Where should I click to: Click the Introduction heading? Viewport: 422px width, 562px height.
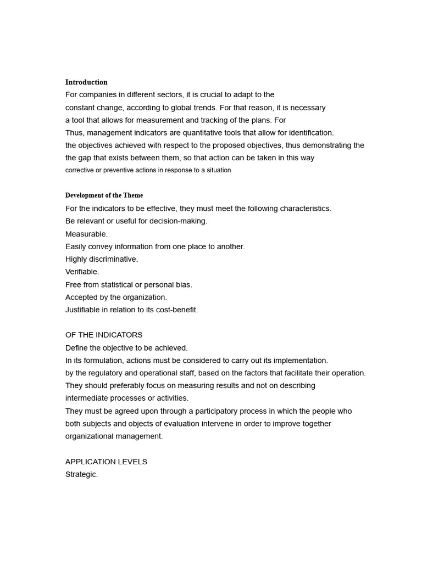pyautogui.click(x=86, y=82)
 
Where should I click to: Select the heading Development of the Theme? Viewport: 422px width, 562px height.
pyautogui.click(x=104, y=195)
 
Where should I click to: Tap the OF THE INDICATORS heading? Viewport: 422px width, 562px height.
pyautogui.click(x=104, y=335)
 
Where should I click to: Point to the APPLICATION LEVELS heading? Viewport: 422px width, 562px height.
pyautogui.click(x=106, y=462)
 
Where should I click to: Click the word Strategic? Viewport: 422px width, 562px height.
pyautogui.click(x=81, y=474)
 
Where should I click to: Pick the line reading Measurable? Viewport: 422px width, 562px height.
pyautogui.click(x=86, y=234)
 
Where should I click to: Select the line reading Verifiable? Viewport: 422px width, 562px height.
pyautogui.click(x=82, y=272)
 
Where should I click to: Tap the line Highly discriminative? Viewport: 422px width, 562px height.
pyautogui.click(x=102, y=259)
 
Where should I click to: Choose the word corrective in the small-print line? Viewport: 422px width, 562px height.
pyautogui.click(x=79, y=170)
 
